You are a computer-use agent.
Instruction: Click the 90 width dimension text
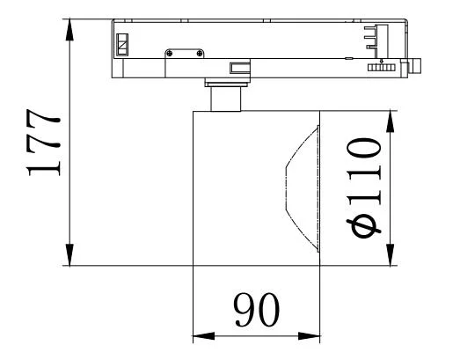(x=256, y=310)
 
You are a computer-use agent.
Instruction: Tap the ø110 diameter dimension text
(x=362, y=187)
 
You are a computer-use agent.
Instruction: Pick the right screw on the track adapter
(x=202, y=55)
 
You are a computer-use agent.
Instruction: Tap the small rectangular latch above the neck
(x=237, y=67)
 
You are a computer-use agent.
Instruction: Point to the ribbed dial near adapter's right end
(x=380, y=67)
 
